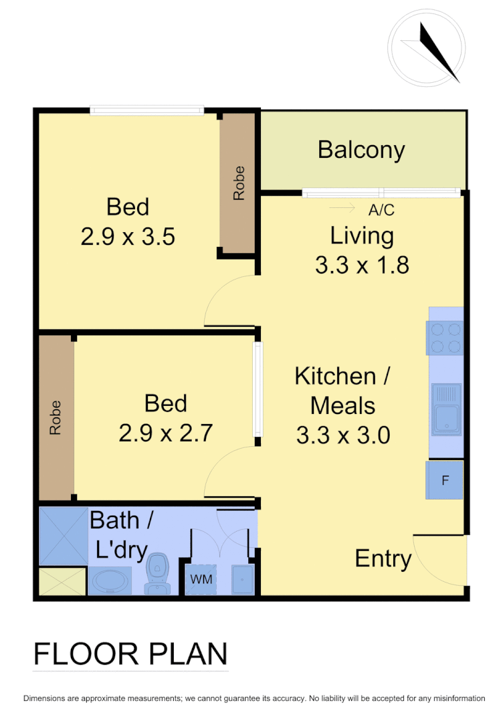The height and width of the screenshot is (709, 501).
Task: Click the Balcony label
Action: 361,150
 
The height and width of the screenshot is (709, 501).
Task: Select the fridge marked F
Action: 445,480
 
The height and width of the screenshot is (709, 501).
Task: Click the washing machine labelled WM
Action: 201,579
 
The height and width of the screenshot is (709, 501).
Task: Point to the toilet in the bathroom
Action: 157,573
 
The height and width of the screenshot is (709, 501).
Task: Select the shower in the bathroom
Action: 64,536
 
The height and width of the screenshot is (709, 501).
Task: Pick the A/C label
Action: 382,210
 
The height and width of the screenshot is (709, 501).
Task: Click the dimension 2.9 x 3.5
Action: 128,237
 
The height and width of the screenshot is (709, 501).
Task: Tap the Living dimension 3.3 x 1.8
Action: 361,266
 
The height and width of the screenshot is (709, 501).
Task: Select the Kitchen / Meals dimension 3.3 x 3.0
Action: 343,435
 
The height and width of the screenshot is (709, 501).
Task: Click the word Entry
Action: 383,559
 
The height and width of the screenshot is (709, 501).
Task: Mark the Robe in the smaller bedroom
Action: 56,417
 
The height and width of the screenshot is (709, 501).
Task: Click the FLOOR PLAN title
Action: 130,653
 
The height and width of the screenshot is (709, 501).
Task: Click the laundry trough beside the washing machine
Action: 241,579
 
